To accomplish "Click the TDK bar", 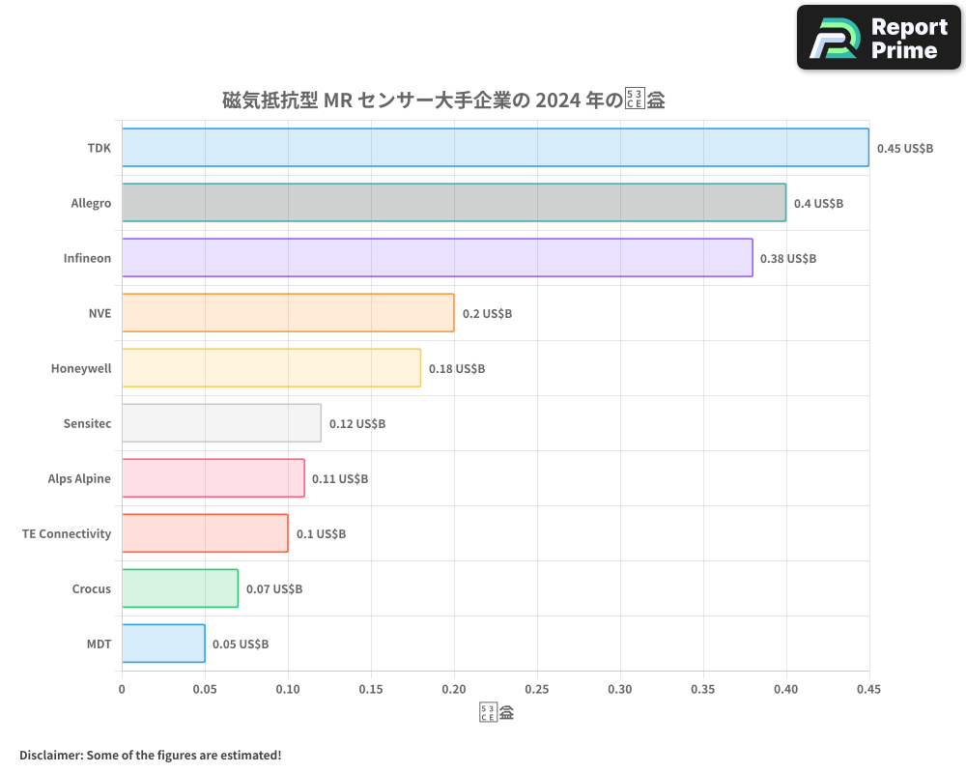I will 495,148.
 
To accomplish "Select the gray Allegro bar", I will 454,203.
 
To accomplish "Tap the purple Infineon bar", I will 437,258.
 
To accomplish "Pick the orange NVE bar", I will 288,313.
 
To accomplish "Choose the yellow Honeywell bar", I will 271,368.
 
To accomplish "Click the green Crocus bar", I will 180,588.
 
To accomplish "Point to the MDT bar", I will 163,644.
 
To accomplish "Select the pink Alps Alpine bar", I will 213,478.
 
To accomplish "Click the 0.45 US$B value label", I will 904,149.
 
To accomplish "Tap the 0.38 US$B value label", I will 787,259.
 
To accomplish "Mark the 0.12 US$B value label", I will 356,424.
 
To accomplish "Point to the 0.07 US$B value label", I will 273,589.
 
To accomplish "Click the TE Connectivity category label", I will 67,533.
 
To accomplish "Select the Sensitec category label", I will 87,423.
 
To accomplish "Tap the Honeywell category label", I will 81,368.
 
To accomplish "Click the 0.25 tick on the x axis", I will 537,690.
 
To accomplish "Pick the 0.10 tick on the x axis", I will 288,690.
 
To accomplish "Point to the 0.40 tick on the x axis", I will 786,690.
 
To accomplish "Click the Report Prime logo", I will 879,38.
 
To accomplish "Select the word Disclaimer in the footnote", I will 50,755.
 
